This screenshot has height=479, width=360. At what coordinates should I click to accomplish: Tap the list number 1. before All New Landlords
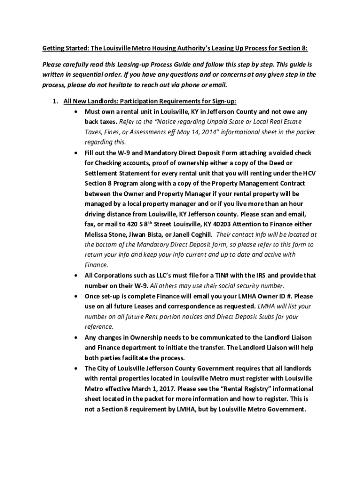pyautogui.click(x=55, y=101)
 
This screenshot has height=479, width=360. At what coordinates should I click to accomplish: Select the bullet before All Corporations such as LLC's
pyautogui.click(x=76, y=276)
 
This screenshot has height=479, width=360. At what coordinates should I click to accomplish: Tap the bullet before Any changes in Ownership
pyautogui.click(x=76, y=337)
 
